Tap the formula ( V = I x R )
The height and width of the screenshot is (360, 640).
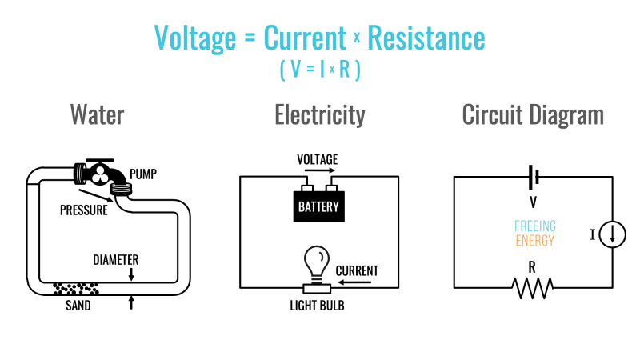point(320,70)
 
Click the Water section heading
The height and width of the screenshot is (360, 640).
point(97,114)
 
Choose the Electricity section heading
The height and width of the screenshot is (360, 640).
point(320,114)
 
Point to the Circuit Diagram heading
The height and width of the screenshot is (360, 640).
point(533,114)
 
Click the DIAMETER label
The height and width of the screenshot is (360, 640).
point(116,260)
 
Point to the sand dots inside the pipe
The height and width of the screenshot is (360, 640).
point(75,286)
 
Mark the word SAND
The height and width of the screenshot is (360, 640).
point(78,305)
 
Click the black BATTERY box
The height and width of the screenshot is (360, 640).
point(318,206)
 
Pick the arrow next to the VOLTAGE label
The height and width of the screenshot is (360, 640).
point(320,170)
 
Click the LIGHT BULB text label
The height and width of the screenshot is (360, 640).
point(319,305)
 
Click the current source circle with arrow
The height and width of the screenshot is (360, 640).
point(613,234)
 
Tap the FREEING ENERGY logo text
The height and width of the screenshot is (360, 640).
point(534,233)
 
